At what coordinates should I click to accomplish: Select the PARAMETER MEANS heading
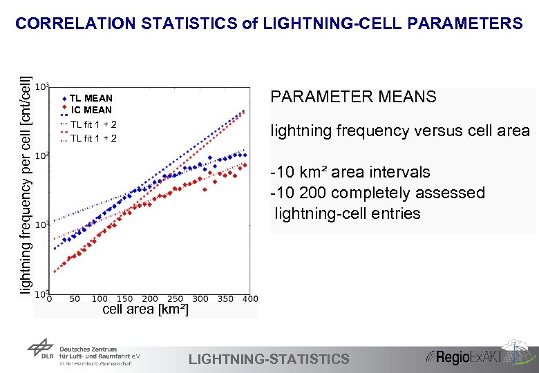click(353, 97)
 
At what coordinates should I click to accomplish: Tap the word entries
click(393, 213)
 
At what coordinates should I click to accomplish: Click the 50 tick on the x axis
click(75, 299)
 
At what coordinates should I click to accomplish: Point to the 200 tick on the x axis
click(150, 299)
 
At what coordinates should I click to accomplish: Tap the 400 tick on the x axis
click(249, 299)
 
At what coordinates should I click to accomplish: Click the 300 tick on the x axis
click(200, 299)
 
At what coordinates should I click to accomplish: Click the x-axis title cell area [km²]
click(144, 309)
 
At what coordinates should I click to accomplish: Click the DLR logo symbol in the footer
click(40, 352)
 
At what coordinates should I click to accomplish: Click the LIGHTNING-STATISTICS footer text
click(269, 358)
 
